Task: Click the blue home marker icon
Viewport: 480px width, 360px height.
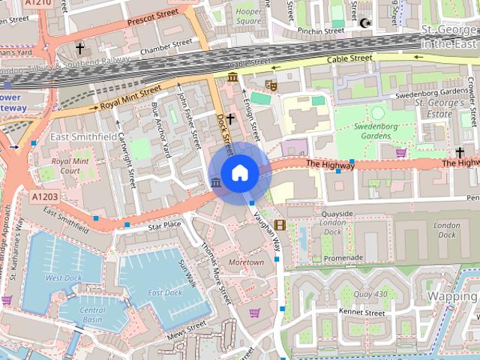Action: pos(239,173)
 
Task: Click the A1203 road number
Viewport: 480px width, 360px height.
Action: pos(43,196)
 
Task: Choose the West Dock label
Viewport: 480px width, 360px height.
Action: pos(63,277)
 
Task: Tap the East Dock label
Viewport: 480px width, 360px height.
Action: pos(164,292)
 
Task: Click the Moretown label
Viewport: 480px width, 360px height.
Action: pos(246,262)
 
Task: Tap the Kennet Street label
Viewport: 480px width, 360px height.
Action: pos(361,312)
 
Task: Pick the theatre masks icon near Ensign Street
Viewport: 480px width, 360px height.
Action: pos(271,86)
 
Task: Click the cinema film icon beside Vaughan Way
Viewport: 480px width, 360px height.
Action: pos(280,225)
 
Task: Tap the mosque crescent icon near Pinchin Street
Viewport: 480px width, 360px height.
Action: pos(366,24)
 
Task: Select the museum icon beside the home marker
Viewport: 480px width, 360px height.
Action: pos(216,183)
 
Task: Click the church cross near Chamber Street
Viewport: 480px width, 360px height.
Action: pos(80,49)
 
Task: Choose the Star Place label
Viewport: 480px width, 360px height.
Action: pos(165,224)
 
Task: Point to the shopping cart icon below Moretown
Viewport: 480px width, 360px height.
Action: pos(254,313)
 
